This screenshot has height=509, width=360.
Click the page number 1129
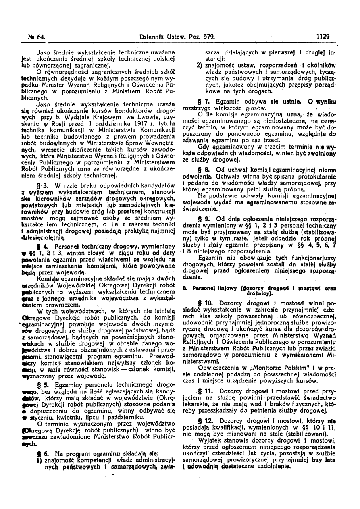point(323,36)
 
